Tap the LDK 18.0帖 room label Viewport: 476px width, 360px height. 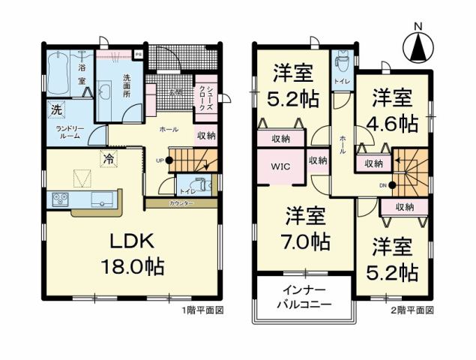click(x=133, y=253)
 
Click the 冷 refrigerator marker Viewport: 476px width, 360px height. click(x=109, y=158)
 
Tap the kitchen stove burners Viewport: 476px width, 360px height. click(x=60, y=199)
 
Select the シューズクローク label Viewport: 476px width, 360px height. click(x=203, y=97)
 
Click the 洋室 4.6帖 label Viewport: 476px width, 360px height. click(x=392, y=111)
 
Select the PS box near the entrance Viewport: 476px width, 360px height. click(x=138, y=54)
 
